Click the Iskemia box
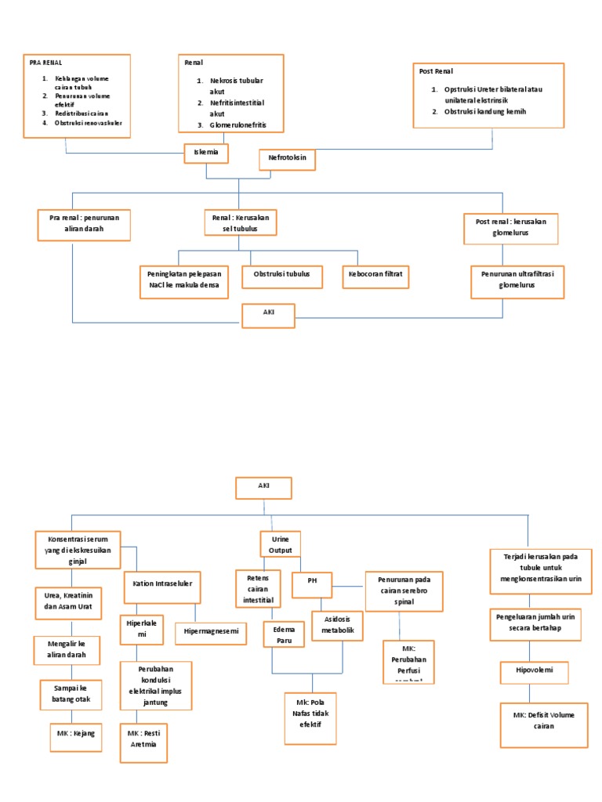[206, 153]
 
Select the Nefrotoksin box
[287, 160]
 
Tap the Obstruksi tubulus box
[281, 274]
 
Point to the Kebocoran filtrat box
[375, 274]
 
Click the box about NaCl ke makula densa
[185, 280]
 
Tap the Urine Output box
[280, 545]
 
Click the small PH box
[311, 582]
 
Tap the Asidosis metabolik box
[339, 626]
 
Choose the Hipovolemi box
[534, 672]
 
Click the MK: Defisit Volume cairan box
[544, 721]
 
